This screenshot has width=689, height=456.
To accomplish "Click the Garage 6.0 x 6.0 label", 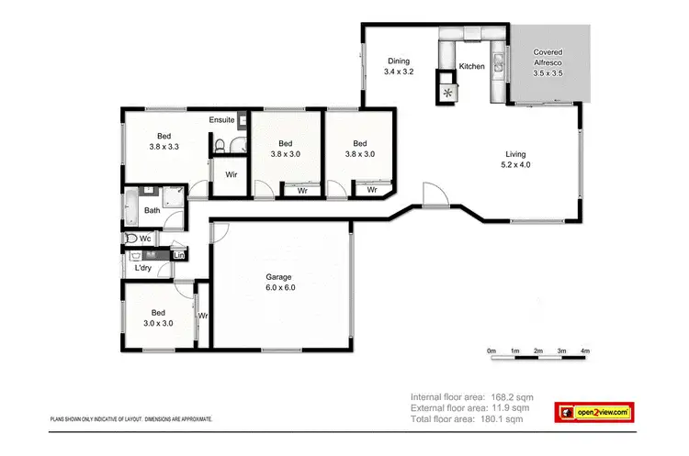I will coord(280,282).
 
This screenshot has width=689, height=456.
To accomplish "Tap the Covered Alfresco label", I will coord(548,59).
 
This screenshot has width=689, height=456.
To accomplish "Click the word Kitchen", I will coord(471,67).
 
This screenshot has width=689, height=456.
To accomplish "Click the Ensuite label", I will coord(221,120).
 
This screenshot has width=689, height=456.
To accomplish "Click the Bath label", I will coord(152,210).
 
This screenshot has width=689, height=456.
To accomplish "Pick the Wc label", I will coord(145,238).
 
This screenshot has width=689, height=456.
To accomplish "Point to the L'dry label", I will coord(142,268).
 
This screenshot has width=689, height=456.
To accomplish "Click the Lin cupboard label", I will coord(178,255).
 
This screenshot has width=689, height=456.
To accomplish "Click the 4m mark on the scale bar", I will coord(585,351).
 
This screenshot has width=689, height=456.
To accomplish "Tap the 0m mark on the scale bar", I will coord(491,351).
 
